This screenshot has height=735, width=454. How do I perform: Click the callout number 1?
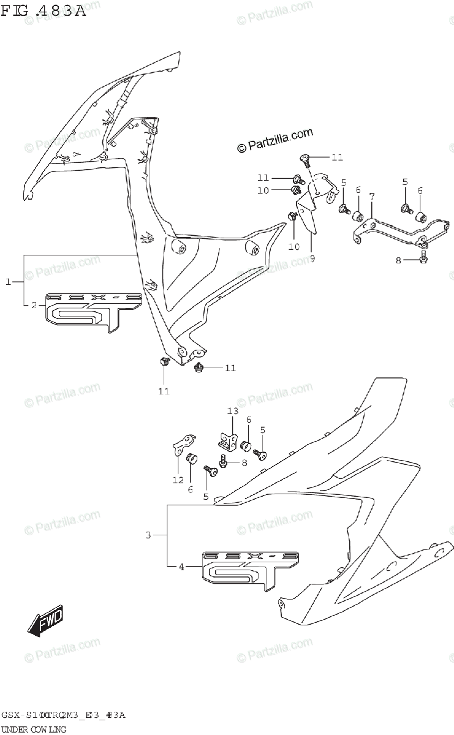(x=9, y=281)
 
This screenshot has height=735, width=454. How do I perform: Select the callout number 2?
(x=34, y=304)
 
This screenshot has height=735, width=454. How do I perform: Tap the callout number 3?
(x=148, y=536)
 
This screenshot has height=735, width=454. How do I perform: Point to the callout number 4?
(x=181, y=567)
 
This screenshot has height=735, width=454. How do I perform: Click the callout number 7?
(x=372, y=195)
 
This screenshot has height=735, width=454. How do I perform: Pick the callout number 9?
(x=312, y=258)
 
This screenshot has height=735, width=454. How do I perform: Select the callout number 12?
(x=178, y=480)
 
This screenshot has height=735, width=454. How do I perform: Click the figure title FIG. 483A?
(x=44, y=10)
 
